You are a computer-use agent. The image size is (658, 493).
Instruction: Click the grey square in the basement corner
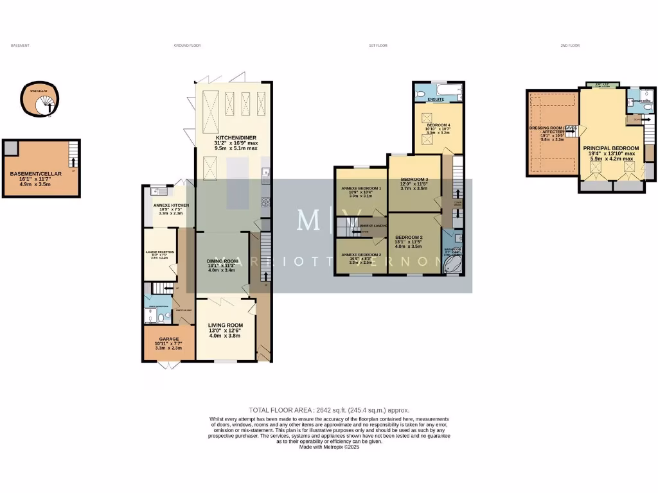(x=10, y=148)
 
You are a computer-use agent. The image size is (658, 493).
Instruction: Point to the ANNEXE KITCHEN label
(x=166, y=204)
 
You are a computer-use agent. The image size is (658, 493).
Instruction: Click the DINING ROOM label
(x=222, y=261)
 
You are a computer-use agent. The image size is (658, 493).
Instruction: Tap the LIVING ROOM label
(x=226, y=325)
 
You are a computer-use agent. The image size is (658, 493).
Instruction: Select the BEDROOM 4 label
(x=439, y=125)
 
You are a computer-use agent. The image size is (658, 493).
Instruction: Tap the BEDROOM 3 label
(x=413, y=179)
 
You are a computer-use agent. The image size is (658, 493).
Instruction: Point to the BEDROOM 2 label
(x=409, y=237)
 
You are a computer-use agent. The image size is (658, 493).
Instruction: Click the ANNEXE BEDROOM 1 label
(x=361, y=188)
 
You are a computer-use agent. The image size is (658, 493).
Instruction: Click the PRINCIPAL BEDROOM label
(x=610, y=148)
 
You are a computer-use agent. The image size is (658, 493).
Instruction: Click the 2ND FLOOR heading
(x=570, y=46)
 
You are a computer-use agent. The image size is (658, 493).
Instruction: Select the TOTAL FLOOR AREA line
(x=328, y=410)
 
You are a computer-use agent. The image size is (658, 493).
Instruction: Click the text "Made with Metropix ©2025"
(x=328, y=447)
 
